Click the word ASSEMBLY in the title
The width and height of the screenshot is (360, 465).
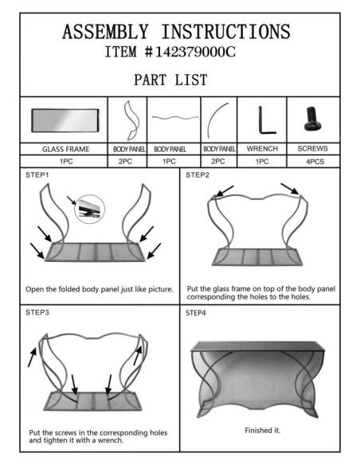coord(105,32)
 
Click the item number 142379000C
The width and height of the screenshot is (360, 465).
coord(195,53)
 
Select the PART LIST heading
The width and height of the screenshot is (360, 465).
coord(170,80)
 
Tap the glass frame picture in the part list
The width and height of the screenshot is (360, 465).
coord(65,120)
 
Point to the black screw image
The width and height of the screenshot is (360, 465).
coord(313,119)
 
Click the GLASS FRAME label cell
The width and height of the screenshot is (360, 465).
coord(65,149)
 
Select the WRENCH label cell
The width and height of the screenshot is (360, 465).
coord(262,149)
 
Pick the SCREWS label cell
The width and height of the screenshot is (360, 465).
coord(312,149)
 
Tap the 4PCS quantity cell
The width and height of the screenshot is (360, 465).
coord(315,162)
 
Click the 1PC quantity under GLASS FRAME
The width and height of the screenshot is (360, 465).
coord(66,162)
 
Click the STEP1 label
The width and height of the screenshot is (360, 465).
coord(37,175)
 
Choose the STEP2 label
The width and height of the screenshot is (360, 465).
coord(198,175)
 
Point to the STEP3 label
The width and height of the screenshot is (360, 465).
coord(37,312)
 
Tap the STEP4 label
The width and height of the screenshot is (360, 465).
coord(196,313)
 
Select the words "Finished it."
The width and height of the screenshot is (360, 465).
coord(263,430)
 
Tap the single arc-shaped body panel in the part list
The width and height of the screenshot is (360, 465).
coord(218,119)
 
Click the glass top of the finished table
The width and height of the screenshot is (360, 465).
coord(257,346)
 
